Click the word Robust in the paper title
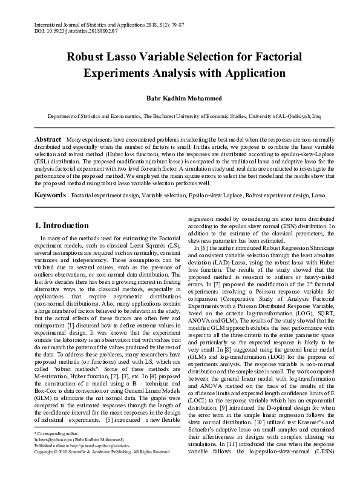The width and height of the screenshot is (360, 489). [x=90, y=57]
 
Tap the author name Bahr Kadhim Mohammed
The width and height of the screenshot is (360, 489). [x=180, y=98]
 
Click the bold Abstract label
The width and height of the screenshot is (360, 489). [x=47, y=139]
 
